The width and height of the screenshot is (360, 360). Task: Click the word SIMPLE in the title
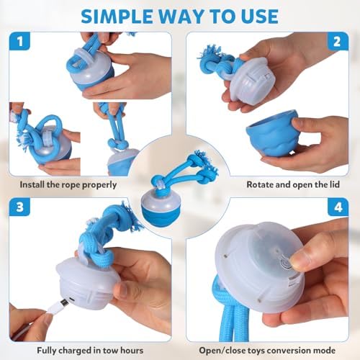pyautogui.click(x=117, y=17)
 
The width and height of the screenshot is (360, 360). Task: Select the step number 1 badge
pyautogui.click(x=19, y=41)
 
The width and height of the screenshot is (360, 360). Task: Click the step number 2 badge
pyautogui.click(x=337, y=42)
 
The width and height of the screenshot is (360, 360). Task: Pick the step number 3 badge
pyautogui.click(x=19, y=207)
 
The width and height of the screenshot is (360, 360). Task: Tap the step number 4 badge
pyautogui.click(x=338, y=207)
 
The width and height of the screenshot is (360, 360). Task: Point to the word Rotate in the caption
pyautogui.click(x=260, y=184)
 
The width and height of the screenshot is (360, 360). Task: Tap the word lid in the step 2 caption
pyautogui.click(x=334, y=184)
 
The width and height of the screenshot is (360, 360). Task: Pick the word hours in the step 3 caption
pyautogui.click(x=132, y=351)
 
